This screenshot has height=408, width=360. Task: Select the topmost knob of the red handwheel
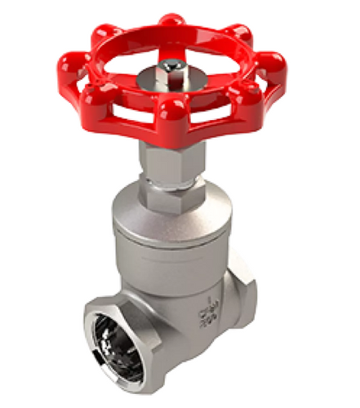171,19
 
